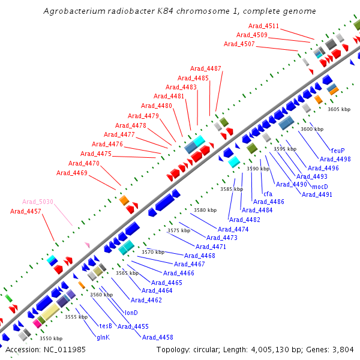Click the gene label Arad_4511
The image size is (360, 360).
click(x=264, y=26)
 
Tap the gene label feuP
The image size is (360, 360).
click(x=338, y=150)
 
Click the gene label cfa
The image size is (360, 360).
click(x=268, y=194)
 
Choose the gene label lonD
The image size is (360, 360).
click(x=131, y=313)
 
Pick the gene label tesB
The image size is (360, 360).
click(x=106, y=326)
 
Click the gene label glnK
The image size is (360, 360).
click(x=103, y=337)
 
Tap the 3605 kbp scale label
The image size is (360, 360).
click(x=338, y=109)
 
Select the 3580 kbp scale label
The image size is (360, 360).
click(x=205, y=210)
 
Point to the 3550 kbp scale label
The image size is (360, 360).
click(x=50, y=338)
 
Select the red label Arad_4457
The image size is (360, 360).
click(x=26, y=211)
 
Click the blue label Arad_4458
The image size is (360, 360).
click(x=157, y=337)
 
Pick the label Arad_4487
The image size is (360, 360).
click(x=206, y=68)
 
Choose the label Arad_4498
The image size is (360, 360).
click(x=335, y=159)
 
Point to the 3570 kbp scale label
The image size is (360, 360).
click(x=152, y=252)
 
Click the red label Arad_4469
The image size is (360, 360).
click(x=72, y=173)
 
